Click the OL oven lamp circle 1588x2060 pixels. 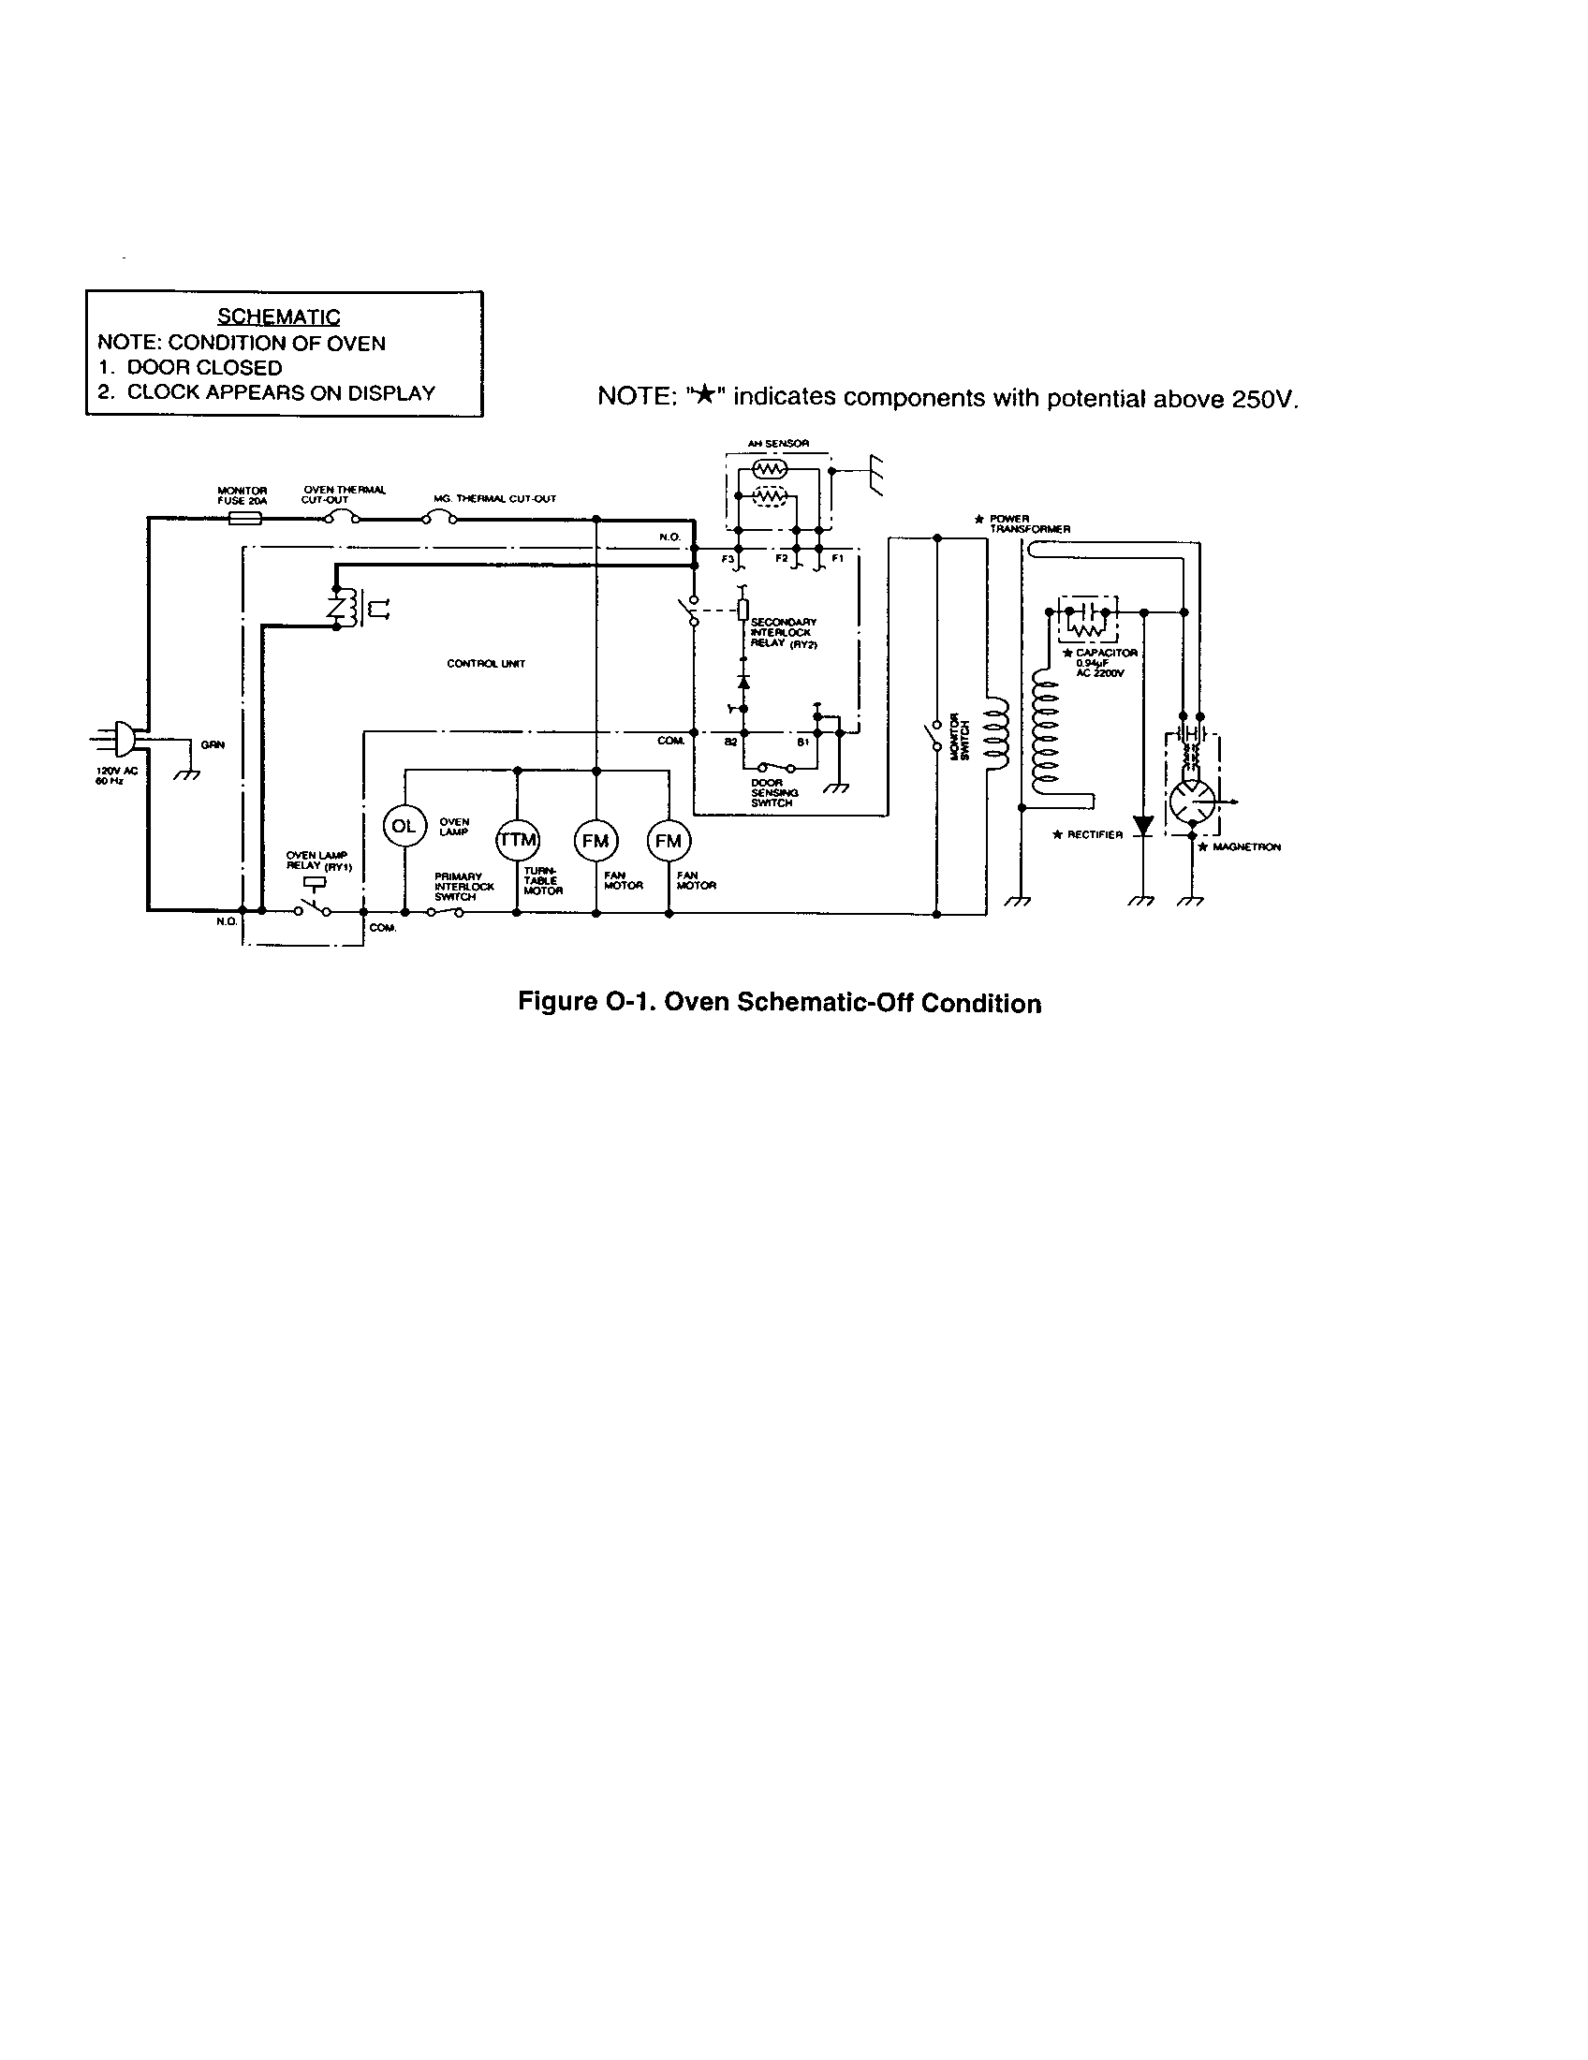[x=404, y=826]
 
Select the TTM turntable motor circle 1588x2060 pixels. [x=517, y=840]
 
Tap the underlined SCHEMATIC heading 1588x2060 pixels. [x=278, y=316]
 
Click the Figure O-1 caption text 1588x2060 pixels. [x=779, y=1002]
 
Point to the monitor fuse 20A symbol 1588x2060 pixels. [x=245, y=519]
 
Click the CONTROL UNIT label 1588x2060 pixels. [x=486, y=664]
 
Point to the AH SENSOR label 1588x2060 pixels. [x=778, y=443]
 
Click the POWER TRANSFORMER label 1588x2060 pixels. [x=1028, y=524]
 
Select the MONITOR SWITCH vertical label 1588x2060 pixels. [x=959, y=737]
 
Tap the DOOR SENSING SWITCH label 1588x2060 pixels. [x=772, y=793]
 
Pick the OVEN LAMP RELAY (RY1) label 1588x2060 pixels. [x=318, y=861]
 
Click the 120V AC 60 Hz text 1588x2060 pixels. [x=116, y=776]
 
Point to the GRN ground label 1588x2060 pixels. [x=213, y=745]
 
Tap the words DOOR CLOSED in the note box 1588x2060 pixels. [x=205, y=368]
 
